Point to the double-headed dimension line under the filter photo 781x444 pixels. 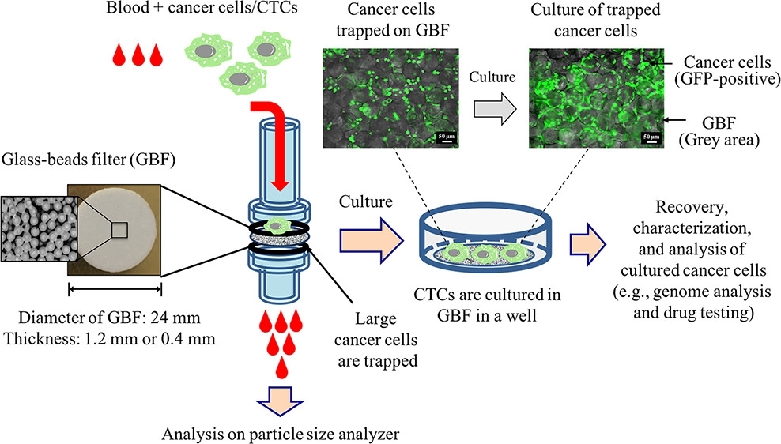(x=116, y=291)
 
